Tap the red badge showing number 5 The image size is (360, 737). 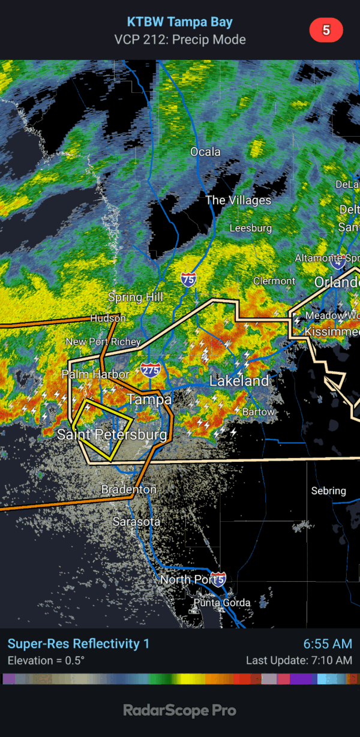tap(326, 31)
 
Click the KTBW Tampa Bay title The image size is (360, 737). tap(180, 22)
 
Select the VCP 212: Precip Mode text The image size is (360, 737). tap(180, 40)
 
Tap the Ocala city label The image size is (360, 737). tap(205, 152)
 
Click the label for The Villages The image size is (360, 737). tap(238, 200)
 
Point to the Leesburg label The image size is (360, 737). tap(251, 228)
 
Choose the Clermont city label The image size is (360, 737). tap(274, 281)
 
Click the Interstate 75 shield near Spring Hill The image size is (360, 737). tap(188, 278)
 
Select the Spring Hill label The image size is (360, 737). tap(136, 297)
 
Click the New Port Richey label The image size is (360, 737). tap(103, 342)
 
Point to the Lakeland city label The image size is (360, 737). tap(239, 381)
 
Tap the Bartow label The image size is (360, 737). tap(259, 412)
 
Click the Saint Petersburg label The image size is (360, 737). tap(112, 435)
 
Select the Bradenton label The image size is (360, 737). tap(129, 489)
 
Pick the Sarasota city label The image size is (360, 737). tap(137, 522)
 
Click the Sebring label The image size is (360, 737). tap(328, 491)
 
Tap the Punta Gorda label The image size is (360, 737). tap(221, 603)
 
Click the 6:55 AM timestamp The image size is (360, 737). tap(328, 644)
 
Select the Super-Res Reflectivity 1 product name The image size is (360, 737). tap(79, 644)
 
